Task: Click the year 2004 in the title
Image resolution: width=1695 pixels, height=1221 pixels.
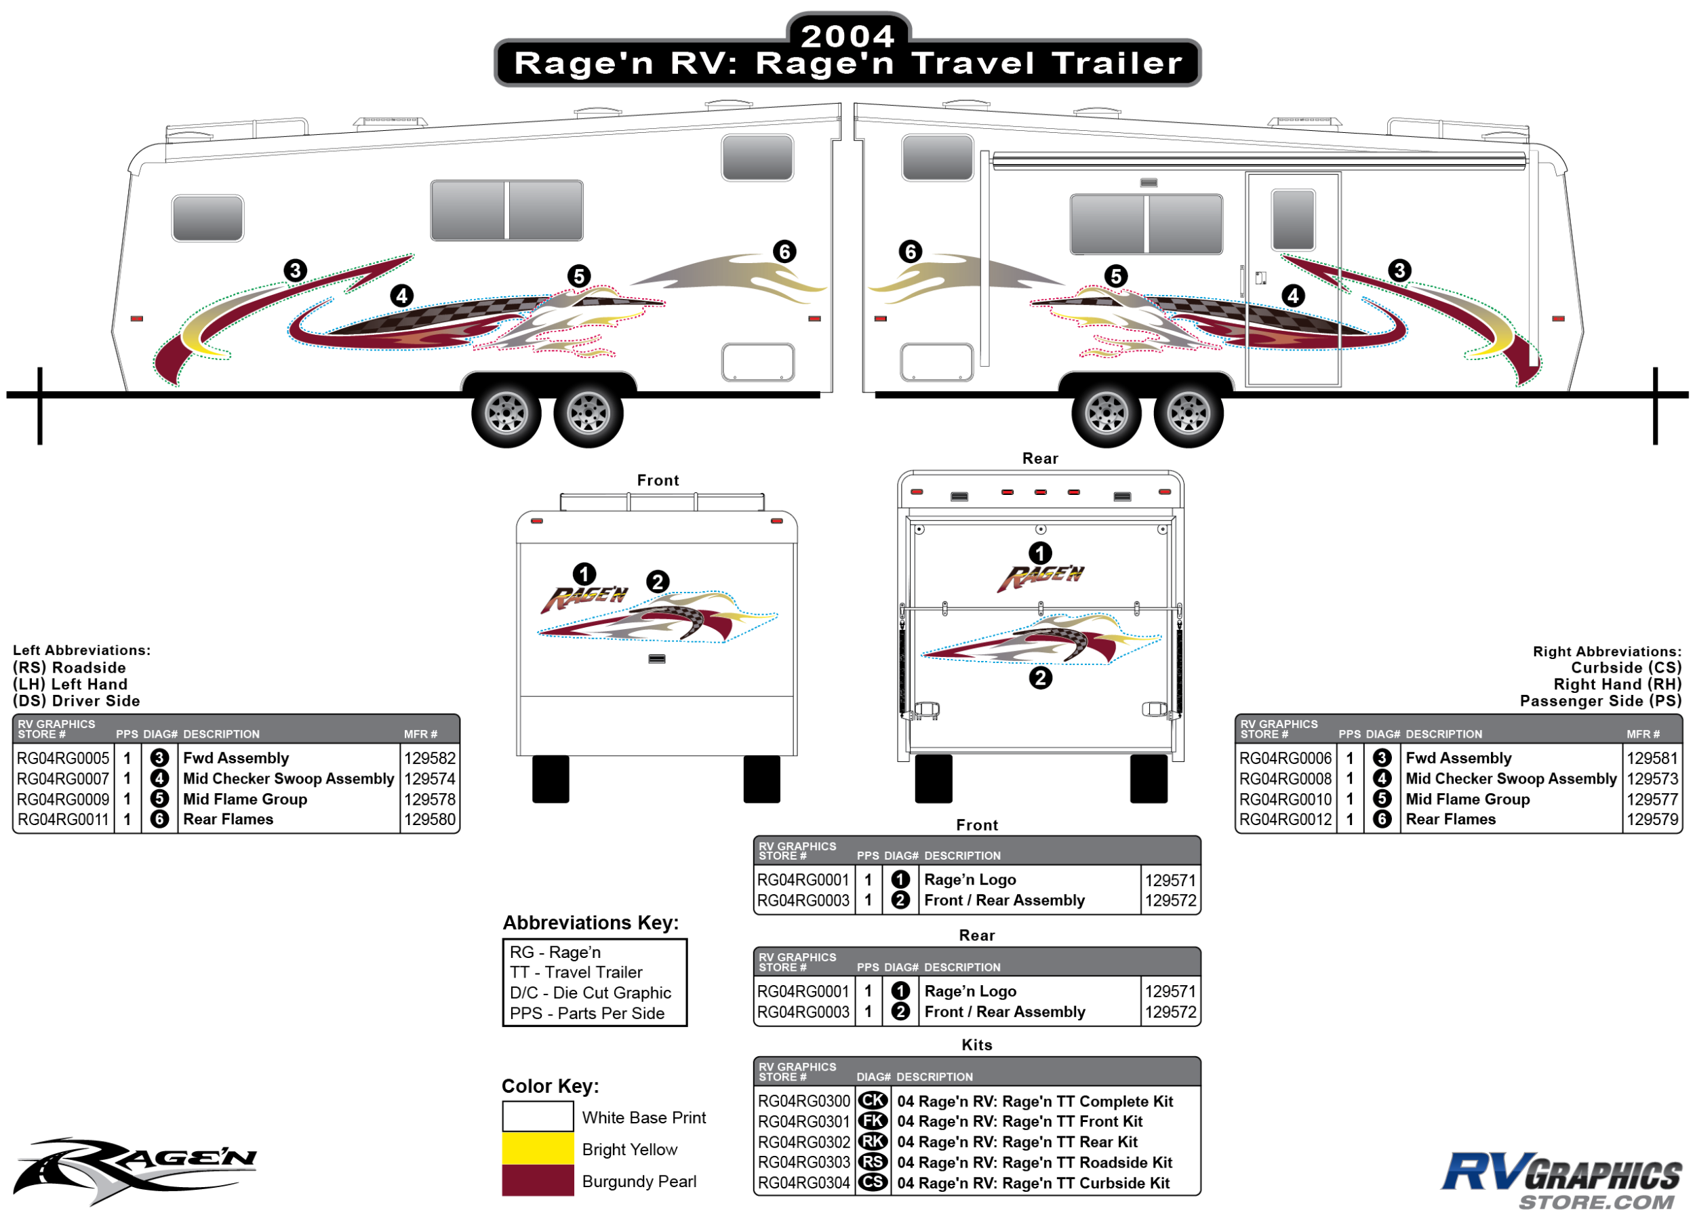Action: [848, 35]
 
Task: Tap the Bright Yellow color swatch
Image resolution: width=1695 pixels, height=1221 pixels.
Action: [538, 1148]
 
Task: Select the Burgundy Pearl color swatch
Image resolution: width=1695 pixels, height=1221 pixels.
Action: [538, 1180]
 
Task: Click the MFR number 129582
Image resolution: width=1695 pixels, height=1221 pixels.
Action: [430, 758]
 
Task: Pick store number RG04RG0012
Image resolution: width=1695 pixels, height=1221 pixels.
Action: [1285, 819]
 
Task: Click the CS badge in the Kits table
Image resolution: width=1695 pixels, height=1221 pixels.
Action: [872, 1182]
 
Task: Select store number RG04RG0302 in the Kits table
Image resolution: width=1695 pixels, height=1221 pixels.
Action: [803, 1142]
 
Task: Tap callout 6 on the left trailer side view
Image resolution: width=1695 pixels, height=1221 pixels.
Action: [784, 252]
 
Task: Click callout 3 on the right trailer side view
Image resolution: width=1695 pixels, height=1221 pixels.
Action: [1399, 271]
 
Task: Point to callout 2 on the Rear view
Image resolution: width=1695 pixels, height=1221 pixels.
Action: [1039, 678]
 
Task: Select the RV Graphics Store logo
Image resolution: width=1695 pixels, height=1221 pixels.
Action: [1561, 1180]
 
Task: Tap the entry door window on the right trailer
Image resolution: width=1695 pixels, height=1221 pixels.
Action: [1292, 219]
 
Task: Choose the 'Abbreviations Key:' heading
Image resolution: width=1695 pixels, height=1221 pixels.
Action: [591, 923]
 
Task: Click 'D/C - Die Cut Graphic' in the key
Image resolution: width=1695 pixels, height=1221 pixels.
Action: [591, 993]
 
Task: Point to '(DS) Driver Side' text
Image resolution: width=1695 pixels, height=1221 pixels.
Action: [76, 701]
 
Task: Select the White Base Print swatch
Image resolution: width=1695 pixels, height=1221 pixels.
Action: [538, 1117]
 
